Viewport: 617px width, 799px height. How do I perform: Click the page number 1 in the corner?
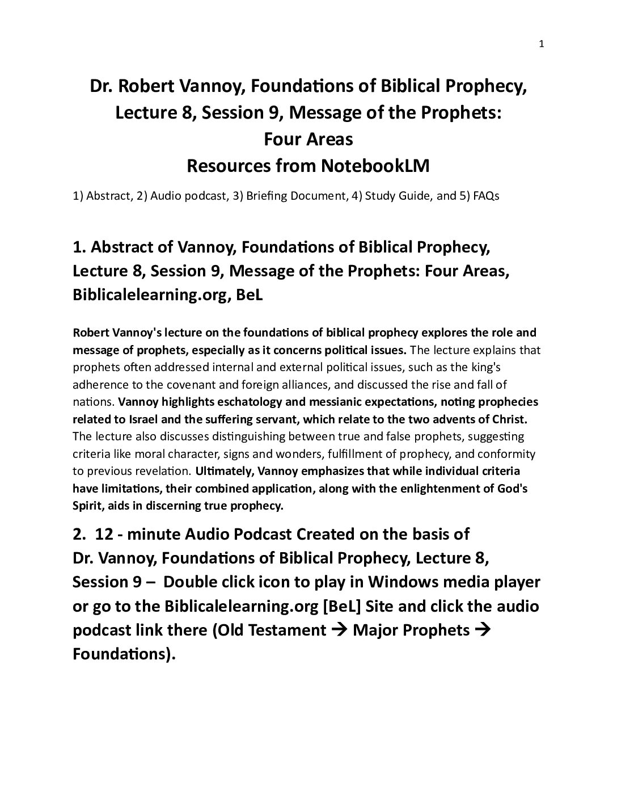click(x=541, y=44)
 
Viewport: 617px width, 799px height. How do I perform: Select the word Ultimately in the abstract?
click(x=221, y=471)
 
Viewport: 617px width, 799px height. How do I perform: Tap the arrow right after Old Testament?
click(x=339, y=630)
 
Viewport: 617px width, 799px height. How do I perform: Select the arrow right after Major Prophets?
click(x=481, y=630)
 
